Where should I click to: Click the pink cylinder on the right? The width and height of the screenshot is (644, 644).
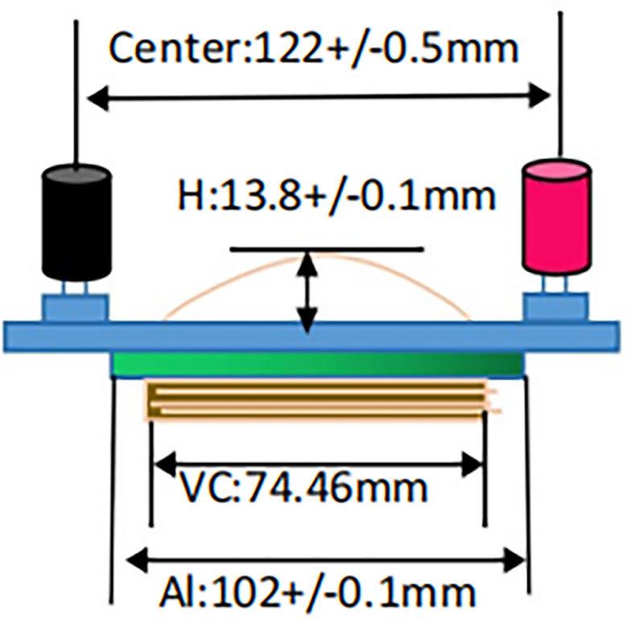[x=557, y=221]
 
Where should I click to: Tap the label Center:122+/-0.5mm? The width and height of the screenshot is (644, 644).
[x=313, y=49]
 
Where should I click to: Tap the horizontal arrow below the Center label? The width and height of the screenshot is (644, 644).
[x=318, y=98]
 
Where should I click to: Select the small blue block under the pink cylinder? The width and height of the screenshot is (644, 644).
[x=555, y=308]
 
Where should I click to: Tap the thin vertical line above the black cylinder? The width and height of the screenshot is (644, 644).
[x=76, y=89]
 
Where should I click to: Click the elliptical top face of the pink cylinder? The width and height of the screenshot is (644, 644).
[x=558, y=172]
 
